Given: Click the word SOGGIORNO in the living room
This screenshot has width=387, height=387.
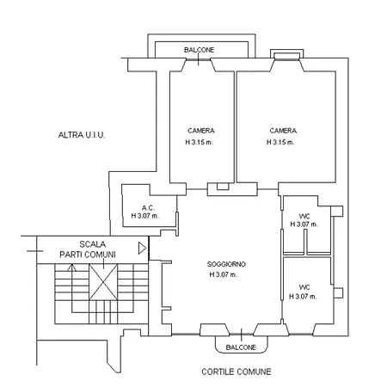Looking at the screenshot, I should pyautogui.click(x=228, y=264).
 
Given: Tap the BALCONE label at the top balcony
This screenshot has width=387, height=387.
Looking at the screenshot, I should pyautogui.click(x=200, y=51).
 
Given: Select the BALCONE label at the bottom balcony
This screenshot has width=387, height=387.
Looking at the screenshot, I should pyautogui.click(x=241, y=347).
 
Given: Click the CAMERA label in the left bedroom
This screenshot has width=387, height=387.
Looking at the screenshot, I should pyautogui.click(x=200, y=131).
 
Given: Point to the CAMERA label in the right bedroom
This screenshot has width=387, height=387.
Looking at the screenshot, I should pyautogui.click(x=281, y=131).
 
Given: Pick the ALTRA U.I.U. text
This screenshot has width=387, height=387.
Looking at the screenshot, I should pyautogui.click(x=81, y=135).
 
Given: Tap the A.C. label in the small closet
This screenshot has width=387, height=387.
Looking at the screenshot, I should pyautogui.click(x=148, y=208).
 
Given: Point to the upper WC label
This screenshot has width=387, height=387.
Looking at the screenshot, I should pyautogui.click(x=304, y=216).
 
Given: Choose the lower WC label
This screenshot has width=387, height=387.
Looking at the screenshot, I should pyautogui.click(x=304, y=286).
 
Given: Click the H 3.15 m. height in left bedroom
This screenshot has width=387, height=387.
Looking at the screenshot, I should pyautogui.click(x=200, y=142).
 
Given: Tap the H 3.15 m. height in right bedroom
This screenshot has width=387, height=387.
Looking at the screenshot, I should pyautogui.click(x=281, y=142).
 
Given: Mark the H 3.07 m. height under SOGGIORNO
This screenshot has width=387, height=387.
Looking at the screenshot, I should pyautogui.click(x=228, y=275).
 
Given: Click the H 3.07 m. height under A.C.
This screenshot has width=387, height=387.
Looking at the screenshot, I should pyautogui.click(x=148, y=218).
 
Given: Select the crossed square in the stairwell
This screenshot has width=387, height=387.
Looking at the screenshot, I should pyautogui.click(x=101, y=281).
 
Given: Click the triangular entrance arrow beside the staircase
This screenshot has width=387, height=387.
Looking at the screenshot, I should pyautogui.click(x=142, y=249).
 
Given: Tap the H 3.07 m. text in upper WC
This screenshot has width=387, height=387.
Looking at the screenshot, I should pyautogui.click(x=304, y=224).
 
